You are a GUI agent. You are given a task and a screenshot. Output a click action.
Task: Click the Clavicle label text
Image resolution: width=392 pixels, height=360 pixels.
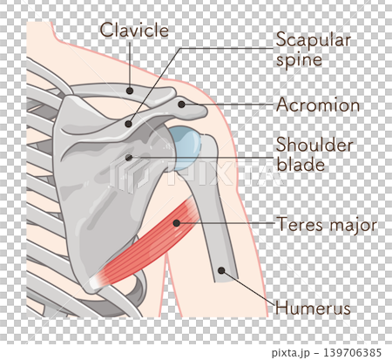[x=134, y=31]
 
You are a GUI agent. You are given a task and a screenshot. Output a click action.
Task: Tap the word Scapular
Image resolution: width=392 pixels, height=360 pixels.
[x=314, y=40]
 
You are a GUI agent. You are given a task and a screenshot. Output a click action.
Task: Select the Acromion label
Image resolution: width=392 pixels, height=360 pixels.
[x=318, y=105]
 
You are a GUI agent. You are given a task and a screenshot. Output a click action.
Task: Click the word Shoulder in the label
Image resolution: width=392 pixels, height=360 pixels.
[x=314, y=144]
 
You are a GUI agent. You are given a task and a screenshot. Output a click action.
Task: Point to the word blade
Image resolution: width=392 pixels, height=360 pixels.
[x=301, y=164]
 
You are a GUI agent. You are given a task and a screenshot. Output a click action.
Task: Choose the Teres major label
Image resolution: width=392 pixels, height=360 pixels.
[x=328, y=225]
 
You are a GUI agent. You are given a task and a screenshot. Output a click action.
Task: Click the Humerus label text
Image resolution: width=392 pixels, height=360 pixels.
[x=313, y=308]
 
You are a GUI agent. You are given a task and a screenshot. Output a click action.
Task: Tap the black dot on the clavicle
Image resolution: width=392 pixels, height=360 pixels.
[x=130, y=91]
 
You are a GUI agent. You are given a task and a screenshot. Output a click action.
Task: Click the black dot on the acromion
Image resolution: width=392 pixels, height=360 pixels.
[x=181, y=105]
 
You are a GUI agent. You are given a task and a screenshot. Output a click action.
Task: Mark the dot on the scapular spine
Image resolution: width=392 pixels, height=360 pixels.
[x=128, y=124]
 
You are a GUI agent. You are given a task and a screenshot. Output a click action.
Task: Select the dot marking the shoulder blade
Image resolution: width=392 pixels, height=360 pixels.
[x=129, y=158]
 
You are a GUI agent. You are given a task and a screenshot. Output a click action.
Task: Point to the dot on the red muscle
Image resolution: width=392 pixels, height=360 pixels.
[x=176, y=223]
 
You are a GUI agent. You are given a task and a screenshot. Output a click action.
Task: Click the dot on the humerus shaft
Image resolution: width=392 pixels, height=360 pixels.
[x=221, y=271]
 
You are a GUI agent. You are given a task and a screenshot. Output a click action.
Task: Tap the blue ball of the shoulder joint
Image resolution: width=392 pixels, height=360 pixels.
[x=186, y=148]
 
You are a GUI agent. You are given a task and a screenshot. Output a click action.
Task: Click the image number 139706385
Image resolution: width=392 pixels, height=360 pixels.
[x=352, y=352]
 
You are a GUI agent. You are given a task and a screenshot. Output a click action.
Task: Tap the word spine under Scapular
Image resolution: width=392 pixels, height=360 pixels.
[x=299, y=60]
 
